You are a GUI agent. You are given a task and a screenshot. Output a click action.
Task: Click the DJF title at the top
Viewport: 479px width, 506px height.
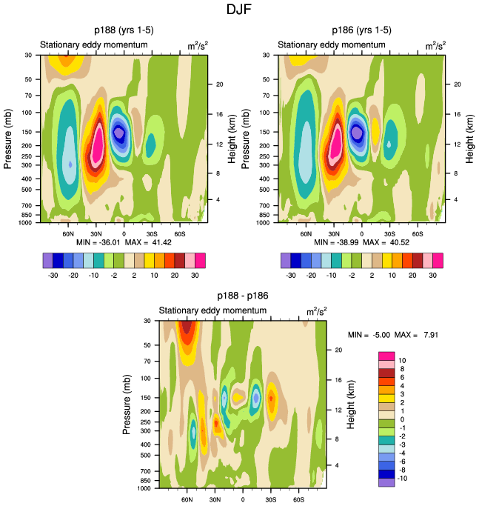coord(239,10)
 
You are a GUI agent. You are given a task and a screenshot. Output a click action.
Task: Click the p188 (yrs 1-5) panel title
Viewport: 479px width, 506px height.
coord(124,30)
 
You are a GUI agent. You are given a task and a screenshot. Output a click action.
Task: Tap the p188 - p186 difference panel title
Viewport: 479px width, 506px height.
coord(242,296)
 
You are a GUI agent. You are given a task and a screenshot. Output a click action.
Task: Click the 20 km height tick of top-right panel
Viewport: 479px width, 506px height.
coord(453,84)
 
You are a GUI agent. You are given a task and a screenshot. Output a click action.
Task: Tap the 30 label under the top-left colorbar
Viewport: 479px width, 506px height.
coord(195,273)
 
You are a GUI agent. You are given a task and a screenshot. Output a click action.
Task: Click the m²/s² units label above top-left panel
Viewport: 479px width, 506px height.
coord(197,45)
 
